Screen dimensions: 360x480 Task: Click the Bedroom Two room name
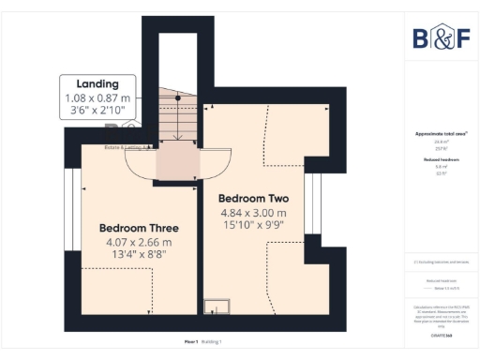point(253,199)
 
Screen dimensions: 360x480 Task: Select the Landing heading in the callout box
point(98,84)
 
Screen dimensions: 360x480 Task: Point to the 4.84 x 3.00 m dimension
point(253,214)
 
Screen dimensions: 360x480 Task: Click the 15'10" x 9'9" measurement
point(253,227)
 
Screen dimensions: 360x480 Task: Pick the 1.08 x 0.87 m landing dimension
point(98,98)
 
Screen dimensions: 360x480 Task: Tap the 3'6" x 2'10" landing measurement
point(98,112)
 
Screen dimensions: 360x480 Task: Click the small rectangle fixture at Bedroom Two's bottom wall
point(217,304)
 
